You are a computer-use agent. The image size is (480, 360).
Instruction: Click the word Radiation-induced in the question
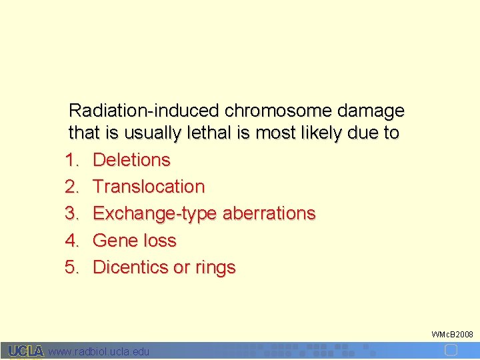[x=145, y=110]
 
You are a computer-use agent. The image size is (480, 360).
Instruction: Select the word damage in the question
[x=371, y=110]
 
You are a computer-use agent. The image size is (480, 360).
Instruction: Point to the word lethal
[x=206, y=133]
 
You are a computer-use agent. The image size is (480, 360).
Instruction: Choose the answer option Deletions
[x=131, y=160]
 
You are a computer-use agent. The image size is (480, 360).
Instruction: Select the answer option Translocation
[x=149, y=187]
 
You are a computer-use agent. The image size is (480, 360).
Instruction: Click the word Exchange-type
[x=155, y=213]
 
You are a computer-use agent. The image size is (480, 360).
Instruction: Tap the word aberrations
[x=269, y=213]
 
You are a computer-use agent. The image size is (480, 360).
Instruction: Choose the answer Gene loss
[x=135, y=240]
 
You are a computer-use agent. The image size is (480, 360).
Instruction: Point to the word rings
[x=215, y=267]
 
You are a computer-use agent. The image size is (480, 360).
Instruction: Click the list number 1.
[x=72, y=160]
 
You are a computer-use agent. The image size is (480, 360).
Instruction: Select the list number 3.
[x=72, y=213]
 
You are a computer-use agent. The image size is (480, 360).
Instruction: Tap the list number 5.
[x=72, y=267]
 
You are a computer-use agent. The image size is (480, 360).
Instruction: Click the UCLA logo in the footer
[x=27, y=351]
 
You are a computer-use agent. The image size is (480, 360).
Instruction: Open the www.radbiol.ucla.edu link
[x=99, y=351]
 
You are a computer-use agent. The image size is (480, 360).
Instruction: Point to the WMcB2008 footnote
[x=452, y=333]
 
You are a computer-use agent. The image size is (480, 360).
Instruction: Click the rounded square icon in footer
[x=451, y=350]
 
